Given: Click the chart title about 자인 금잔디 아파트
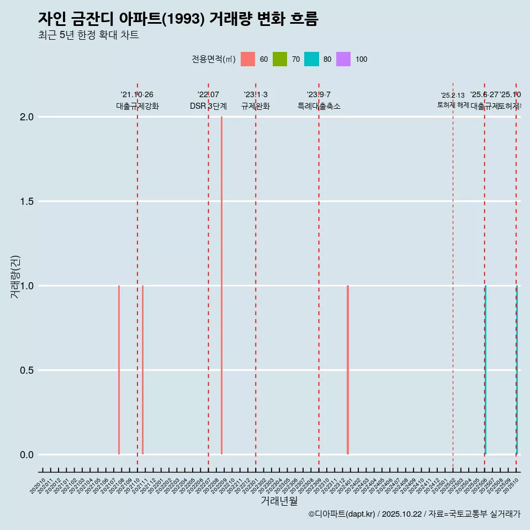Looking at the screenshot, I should pyautogui.click(x=178, y=18).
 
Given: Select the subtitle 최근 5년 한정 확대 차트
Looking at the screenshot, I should pyautogui.click(x=88, y=35).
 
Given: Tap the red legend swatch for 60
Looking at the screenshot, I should pyautogui.click(x=248, y=59).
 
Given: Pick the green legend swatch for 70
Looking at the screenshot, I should pyautogui.click(x=280, y=59).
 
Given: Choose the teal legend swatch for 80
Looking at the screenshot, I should pyautogui.click(x=311, y=59).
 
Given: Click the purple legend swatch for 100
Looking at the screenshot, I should pyautogui.click(x=343, y=59).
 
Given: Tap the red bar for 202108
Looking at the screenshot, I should pyautogui.click(x=119, y=370).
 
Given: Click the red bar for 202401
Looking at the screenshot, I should pyautogui.click(x=348, y=370).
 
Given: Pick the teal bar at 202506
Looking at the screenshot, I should pyautogui.click(x=485, y=370).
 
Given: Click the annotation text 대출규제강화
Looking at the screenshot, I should pyautogui.click(x=137, y=106).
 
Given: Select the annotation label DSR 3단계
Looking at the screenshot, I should pyautogui.click(x=208, y=106).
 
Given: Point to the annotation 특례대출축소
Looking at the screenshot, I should pyautogui.click(x=319, y=106).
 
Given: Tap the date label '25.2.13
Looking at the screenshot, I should pyautogui.click(x=453, y=96).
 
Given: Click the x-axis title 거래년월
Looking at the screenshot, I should pyautogui.click(x=279, y=501).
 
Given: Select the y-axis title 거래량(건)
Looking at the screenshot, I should pyautogui.click(x=15, y=277).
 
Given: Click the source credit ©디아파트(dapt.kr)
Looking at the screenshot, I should pyautogui.click(x=342, y=514).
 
